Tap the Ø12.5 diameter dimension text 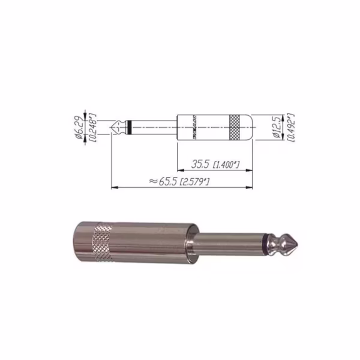coord(276,127)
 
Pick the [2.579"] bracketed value coord(193,181)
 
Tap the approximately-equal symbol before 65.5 coord(152,181)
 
